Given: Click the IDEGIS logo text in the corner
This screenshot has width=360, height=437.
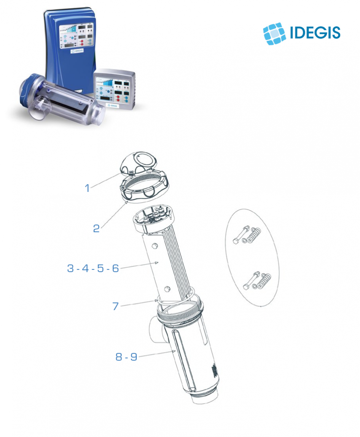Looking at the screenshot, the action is tap(315, 32).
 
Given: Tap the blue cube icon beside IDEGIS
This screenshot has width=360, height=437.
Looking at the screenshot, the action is tap(274, 34).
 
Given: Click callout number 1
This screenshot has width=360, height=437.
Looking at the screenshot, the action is tap(87, 188).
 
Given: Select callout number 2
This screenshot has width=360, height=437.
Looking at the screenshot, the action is tap(96, 228).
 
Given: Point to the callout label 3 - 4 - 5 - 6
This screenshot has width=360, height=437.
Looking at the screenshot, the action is tap(93, 268).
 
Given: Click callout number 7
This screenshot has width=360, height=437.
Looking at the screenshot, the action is tap(116, 306).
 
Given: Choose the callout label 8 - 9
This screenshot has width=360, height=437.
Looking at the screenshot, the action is tap(126, 356).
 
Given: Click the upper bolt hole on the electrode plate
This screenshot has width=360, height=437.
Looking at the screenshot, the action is tap(155, 246).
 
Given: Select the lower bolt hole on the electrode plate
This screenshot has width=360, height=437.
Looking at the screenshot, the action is tap(167, 289).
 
